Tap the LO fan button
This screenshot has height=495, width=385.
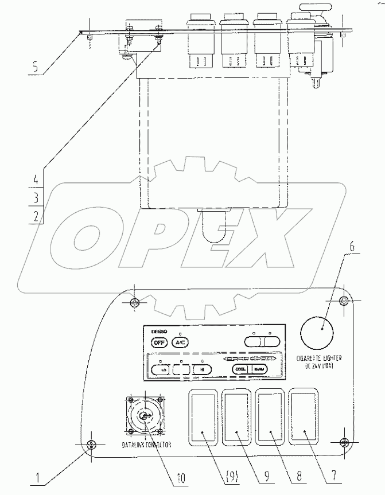tap(160, 370)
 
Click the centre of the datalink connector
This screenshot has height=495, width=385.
tap(145, 417)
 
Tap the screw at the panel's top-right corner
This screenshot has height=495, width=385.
tap(343, 302)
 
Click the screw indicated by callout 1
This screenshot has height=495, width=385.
tap(91, 445)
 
